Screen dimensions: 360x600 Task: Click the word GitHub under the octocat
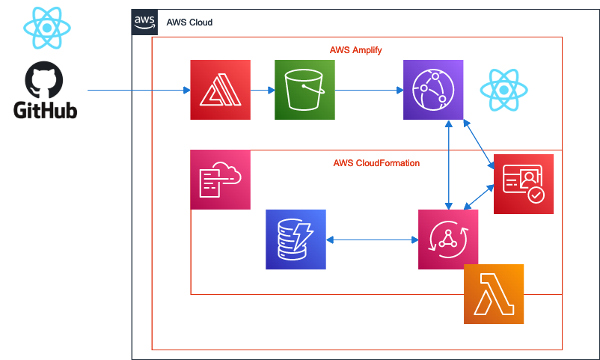tap(45, 111)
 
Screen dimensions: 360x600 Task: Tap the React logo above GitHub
tap(46, 27)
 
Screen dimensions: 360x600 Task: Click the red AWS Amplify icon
tap(220, 90)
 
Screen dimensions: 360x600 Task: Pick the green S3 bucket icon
tap(304, 90)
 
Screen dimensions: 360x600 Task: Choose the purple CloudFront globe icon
tap(433, 90)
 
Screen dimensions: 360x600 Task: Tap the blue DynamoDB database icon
tap(296, 240)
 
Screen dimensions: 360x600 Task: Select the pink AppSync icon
tap(448, 240)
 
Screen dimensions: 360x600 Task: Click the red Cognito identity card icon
tap(524, 184)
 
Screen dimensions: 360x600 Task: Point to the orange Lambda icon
tap(494, 294)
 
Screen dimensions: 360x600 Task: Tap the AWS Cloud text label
tap(189, 22)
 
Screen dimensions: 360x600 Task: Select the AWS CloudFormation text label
tap(376, 162)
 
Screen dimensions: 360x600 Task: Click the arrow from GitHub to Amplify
tap(138, 91)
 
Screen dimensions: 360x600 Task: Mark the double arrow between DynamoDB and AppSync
tap(372, 240)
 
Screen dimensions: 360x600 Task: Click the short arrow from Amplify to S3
tap(262, 91)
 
